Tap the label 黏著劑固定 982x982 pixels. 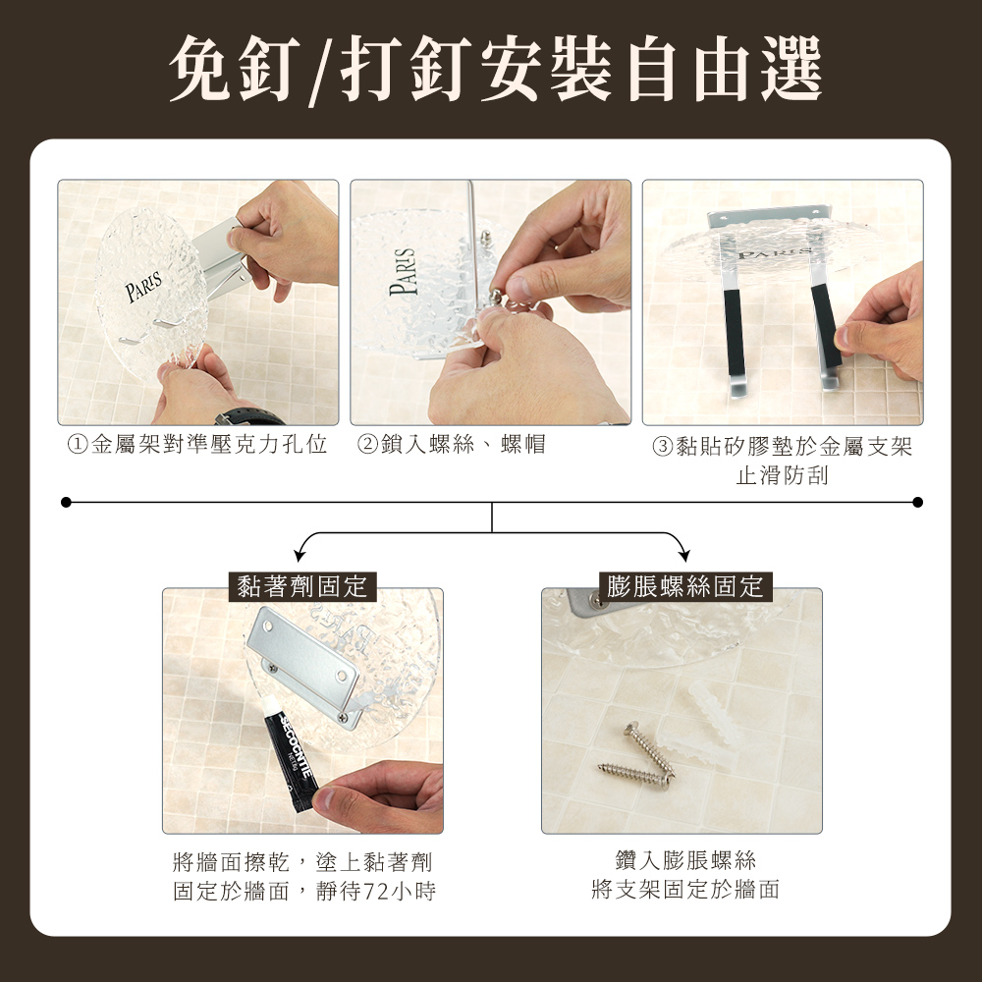click(x=301, y=587)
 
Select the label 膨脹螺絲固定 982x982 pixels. click(x=685, y=587)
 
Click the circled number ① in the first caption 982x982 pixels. click(x=77, y=445)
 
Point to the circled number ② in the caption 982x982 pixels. click(x=367, y=445)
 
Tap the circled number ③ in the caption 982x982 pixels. click(x=662, y=447)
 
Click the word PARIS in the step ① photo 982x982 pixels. click(x=143, y=286)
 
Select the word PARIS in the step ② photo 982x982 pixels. click(x=404, y=272)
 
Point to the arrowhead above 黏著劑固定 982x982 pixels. click(x=300, y=555)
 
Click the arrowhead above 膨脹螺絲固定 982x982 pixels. click(x=684, y=555)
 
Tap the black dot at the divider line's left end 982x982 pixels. click(x=66, y=502)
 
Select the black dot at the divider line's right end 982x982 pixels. click(x=918, y=502)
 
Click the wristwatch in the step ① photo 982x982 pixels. click(x=249, y=417)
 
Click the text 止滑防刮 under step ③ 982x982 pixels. click(x=783, y=476)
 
